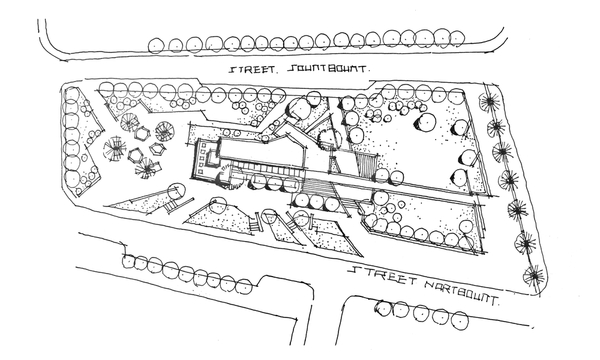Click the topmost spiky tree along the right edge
coord(491,103)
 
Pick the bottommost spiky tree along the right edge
coord(531,275)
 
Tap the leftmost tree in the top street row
coord(156,44)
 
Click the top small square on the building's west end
coord(202,148)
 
